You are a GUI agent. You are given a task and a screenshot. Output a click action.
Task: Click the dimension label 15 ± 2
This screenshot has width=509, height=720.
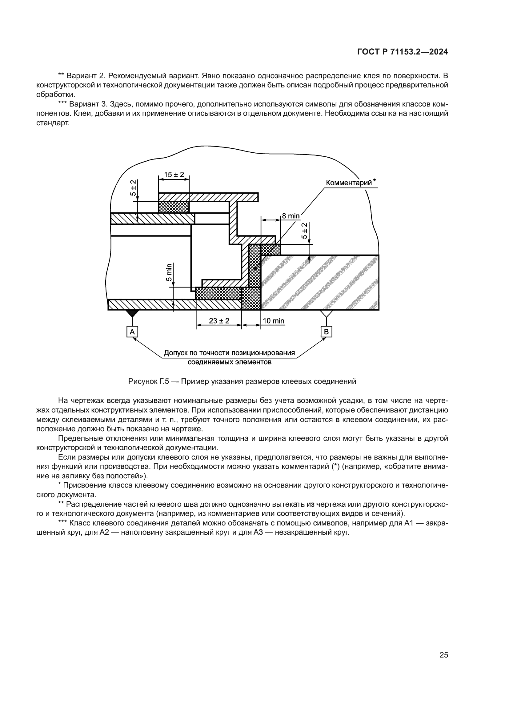[x=174, y=175]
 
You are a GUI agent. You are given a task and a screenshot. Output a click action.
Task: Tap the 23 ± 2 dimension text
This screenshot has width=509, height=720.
[x=219, y=321]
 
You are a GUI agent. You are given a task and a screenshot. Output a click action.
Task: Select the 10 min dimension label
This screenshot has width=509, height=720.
[x=274, y=321]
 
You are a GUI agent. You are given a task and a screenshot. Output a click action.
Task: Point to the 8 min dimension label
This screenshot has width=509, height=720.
[x=291, y=216]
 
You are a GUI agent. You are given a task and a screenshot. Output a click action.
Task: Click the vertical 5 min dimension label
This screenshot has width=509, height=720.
[x=169, y=272]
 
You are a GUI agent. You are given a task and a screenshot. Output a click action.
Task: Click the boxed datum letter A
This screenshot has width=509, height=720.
[x=132, y=332]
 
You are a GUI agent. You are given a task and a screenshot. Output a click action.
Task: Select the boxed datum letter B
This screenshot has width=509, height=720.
[x=326, y=332]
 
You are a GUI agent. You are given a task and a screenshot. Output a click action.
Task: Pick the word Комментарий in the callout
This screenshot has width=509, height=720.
[x=349, y=183]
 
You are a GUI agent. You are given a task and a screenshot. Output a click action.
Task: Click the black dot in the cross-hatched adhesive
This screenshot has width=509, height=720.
[x=255, y=269]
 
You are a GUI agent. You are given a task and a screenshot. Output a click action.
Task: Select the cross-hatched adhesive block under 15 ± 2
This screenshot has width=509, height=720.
[x=174, y=207]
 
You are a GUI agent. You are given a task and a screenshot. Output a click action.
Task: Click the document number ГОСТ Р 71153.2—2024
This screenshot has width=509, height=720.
[x=403, y=52]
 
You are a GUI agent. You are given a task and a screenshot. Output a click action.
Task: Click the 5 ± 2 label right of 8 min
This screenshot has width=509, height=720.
[x=304, y=231]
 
